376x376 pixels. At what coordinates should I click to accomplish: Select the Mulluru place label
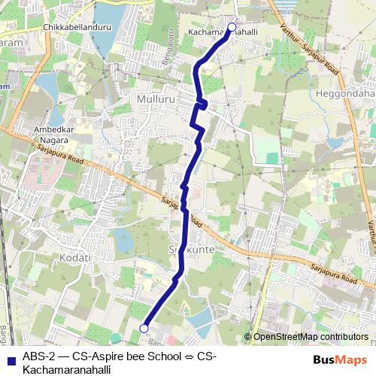154,99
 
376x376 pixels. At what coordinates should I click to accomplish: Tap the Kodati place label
74,257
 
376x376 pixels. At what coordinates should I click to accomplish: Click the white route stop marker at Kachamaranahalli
232,27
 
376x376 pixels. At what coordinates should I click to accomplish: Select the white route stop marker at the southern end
144,328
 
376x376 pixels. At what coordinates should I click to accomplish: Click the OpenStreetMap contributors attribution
311,336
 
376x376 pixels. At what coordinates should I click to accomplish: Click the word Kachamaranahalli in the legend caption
67,369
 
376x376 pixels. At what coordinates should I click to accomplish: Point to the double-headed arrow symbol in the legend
190,356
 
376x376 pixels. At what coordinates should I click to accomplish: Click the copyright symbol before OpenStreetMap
248,336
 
